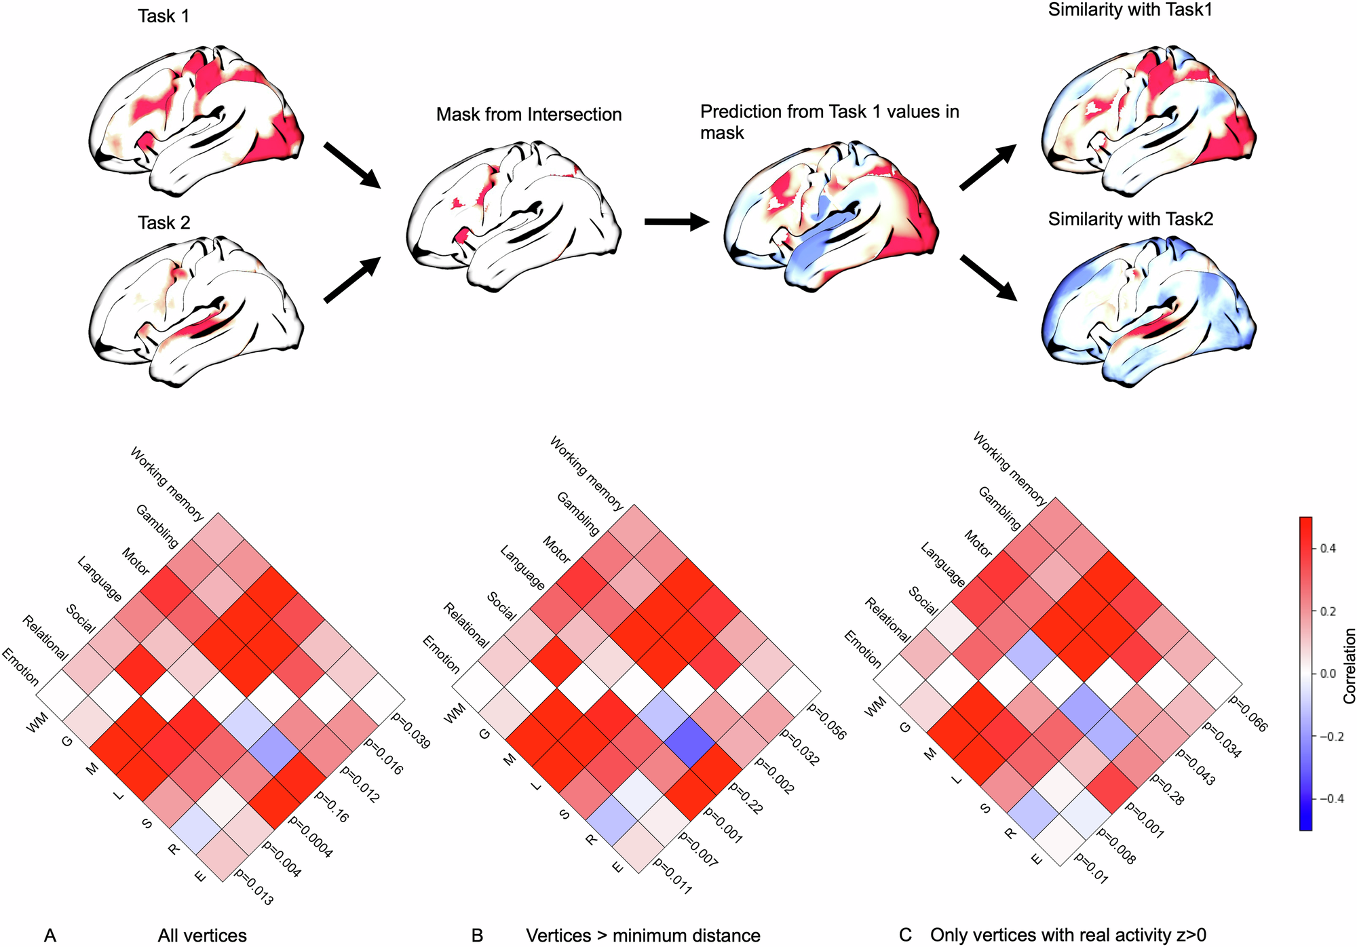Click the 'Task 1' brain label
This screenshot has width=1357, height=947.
164,16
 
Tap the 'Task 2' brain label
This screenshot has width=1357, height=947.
164,223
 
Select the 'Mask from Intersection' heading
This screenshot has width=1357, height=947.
529,114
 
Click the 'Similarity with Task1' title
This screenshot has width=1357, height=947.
1130,10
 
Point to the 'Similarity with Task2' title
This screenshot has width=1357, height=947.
1130,219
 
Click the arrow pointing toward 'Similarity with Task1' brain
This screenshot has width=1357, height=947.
987,167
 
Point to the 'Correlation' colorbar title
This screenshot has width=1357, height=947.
1349,665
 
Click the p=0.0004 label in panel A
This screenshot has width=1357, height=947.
311,836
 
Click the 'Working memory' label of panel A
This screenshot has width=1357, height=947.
167,484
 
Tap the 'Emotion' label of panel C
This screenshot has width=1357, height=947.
862,649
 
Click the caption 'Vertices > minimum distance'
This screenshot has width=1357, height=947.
643,935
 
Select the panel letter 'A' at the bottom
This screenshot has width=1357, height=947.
50,935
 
